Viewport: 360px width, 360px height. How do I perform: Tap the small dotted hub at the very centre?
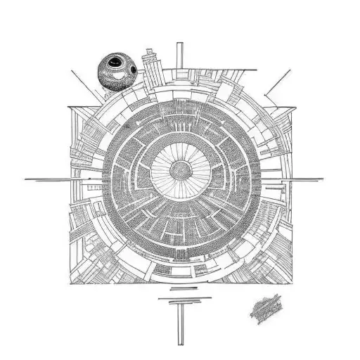pyautogui.click(x=181, y=168)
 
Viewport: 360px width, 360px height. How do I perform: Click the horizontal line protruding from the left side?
pyautogui.click(x=46, y=179)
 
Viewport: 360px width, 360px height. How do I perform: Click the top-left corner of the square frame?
pyautogui.click(x=70, y=107)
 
